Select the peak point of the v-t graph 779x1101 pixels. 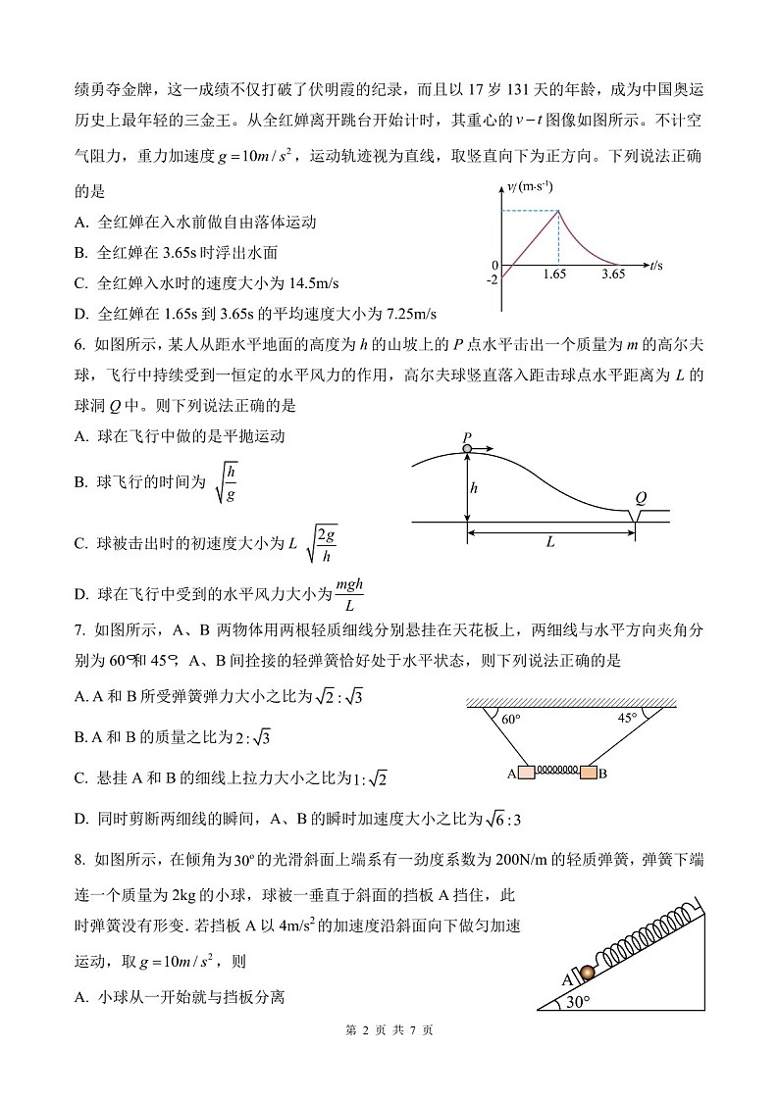[558, 210]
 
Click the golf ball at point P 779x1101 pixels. [467, 449]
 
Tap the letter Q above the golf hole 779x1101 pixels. [640, 497]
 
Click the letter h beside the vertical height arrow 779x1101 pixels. [475, 487]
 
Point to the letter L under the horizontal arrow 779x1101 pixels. [550, 541]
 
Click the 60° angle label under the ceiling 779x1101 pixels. [509, 720]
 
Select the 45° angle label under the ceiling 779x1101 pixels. [626, 718]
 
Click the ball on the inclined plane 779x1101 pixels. [587, 972]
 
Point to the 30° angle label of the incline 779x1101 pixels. [578, 1001]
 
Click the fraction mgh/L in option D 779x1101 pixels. [349, 594]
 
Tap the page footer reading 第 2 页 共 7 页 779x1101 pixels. [389, 1030]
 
